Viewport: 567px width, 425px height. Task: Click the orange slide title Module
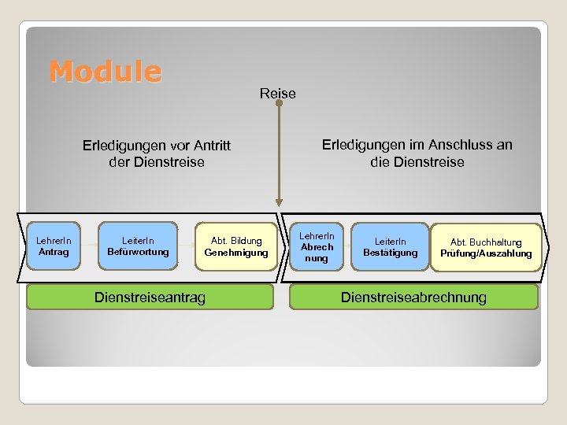(105, 72)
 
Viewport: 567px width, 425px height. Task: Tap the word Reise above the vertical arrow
(278, 94)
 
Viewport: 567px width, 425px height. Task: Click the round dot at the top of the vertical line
(278, 103)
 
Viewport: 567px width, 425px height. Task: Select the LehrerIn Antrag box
(54, 246)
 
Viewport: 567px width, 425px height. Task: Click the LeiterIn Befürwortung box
(139, 246)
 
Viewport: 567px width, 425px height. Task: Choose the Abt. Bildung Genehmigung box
(235, 246)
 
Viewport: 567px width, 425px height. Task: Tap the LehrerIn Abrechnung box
(317, 246)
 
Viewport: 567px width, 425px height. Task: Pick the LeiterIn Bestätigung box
(390, 246)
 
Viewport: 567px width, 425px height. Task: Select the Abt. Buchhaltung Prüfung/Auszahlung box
(486, 247)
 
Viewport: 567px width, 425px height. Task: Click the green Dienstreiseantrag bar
(150, 297)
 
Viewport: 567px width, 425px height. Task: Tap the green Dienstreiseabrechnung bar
(413, 297)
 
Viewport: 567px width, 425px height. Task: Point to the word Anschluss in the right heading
(454, 145)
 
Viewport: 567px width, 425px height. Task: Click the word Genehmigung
(236, 253)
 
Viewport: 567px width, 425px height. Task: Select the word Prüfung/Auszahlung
(486, 253)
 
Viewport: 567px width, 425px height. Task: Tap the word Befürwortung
(139, 253)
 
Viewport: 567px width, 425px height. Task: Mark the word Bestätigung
(391, 253)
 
